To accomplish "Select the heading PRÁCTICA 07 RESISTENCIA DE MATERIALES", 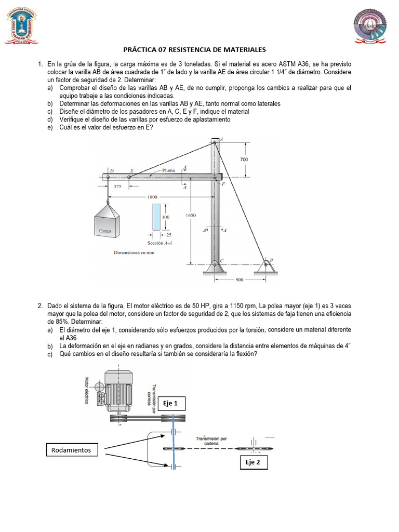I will tap(194, 50).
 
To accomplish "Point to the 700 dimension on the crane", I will tap(244, 159).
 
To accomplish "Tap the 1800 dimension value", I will tap(152, 197).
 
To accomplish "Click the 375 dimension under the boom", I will tap(119, 188).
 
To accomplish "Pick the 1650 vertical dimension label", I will tap(190, 215).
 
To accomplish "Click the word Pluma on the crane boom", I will tap(168, 170).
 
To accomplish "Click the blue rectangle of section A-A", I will tap(157, 217).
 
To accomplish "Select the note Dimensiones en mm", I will tap(135, 253).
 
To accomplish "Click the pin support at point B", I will tap(266, 264).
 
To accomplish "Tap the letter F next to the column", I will tap(223, 184).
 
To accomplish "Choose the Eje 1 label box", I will tap(170, 403).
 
